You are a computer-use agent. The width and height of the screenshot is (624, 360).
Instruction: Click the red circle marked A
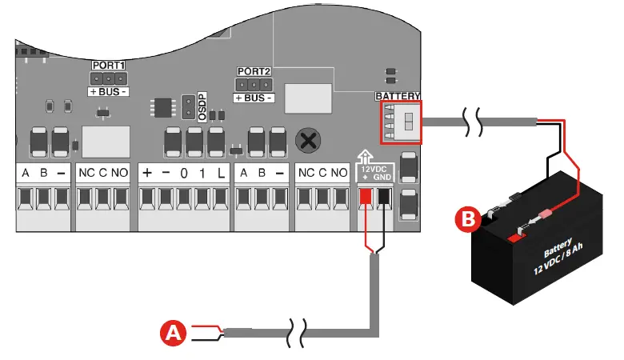point(174,333)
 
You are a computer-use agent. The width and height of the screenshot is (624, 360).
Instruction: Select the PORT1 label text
point(108,64)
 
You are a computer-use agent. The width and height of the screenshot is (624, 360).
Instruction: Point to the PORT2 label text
point(254,70)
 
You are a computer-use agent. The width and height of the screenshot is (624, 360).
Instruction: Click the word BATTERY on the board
point(398,96)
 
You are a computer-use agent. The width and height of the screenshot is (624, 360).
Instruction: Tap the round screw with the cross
point(306,141)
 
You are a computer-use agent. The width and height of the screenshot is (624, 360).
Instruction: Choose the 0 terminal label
point(183,173)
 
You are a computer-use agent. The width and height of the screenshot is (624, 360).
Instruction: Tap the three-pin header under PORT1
point(108,78)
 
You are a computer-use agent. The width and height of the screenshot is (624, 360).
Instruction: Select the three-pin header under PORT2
point(253,84)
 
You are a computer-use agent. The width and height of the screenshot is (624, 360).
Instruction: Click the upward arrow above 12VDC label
point(365,158)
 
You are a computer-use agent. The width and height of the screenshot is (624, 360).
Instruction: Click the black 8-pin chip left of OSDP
point(162,108)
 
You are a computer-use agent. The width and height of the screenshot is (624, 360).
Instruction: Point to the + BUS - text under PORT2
point(253,98)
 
